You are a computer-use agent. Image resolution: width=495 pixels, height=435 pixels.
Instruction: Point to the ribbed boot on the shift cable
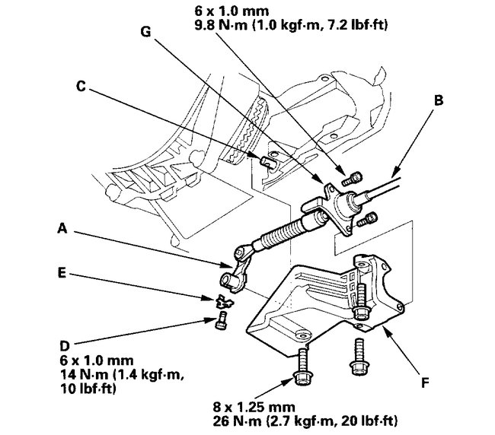pos(276,235)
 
